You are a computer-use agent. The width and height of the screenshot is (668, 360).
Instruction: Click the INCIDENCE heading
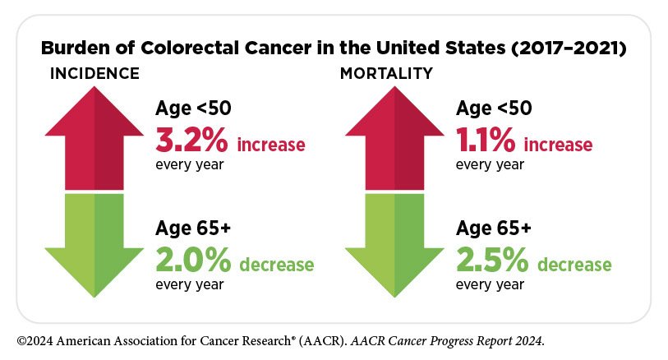(x=94, y=74)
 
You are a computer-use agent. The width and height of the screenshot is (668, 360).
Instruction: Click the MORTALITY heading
(x=386, y=74)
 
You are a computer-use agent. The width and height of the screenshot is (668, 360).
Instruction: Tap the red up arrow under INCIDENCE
(x=94, y=138)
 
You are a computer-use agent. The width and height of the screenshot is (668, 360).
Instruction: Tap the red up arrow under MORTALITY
(x=394, y=138)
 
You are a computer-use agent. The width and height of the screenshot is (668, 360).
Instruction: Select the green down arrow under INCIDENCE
(x=94, y=246)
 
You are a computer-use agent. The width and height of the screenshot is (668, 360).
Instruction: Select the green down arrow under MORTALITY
(x=394, y=246)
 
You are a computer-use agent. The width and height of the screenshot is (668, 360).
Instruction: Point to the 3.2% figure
(x=191, y=141)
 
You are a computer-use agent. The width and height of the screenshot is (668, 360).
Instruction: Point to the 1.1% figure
(x=486, y=141)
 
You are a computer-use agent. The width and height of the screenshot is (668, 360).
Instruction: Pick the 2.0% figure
(x=193, y=260)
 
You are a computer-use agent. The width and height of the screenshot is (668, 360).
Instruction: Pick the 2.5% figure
(x=492, y=260)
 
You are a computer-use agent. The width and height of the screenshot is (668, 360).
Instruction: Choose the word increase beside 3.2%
(x=271, y=145)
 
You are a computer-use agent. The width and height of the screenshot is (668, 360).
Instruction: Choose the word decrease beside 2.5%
(x=574, y=265)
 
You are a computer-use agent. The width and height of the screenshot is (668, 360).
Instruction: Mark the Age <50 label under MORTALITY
(x=494, y=108)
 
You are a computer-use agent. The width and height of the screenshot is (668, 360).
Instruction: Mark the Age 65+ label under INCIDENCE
(x=193, y=228)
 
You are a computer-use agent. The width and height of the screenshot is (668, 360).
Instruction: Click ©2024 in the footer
(x=35, y=341)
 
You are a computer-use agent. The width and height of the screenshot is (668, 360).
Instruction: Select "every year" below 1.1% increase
(x=490, y=164)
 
